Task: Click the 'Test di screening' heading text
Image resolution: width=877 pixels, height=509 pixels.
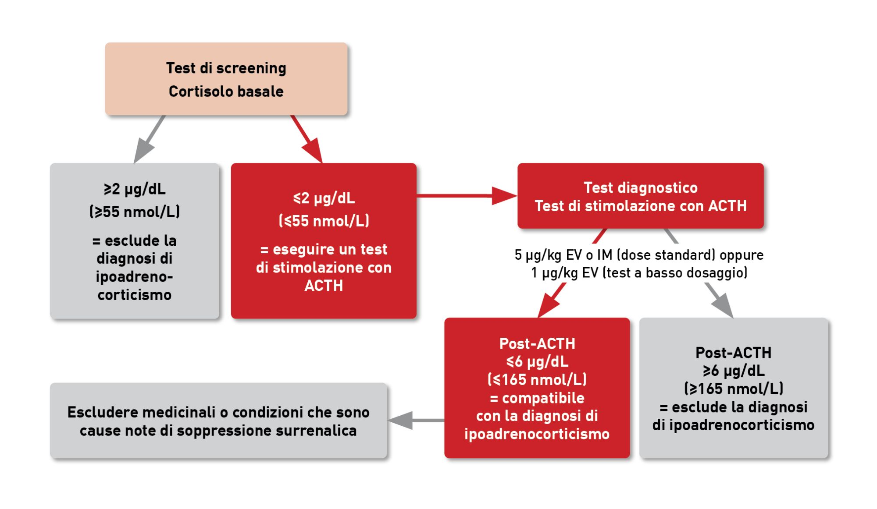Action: click(226, 68)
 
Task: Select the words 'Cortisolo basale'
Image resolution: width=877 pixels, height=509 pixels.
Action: click(226, 92)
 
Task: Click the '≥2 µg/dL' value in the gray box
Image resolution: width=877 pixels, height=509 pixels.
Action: click(135, 189)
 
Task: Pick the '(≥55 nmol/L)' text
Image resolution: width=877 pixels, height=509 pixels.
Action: click(135, 212)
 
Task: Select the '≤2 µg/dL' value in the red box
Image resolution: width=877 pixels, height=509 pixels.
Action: click(324, 198)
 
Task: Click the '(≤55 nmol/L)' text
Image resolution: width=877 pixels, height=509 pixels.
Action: click(324, 221)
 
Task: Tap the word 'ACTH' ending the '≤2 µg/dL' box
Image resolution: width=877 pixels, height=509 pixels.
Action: click(324, 286)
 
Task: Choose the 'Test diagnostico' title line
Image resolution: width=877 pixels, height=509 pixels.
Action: click(640, 188)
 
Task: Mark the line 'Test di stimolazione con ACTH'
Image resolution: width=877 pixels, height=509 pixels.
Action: click(640, 206)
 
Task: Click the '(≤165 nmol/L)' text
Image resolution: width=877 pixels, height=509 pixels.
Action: click(537, 379)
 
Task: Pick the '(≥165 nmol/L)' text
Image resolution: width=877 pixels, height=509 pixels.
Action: click(733, 389)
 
